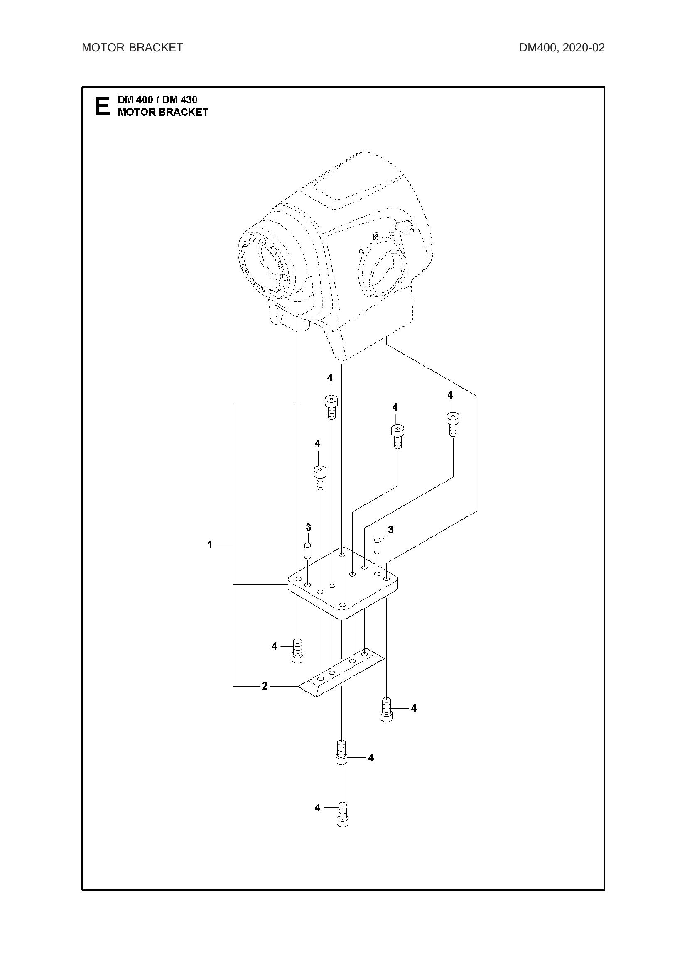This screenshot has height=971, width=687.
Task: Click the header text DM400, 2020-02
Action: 562,48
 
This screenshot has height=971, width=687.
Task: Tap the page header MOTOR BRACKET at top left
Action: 132,48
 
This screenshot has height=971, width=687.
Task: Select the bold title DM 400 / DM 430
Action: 157,100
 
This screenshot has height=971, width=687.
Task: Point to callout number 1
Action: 210,545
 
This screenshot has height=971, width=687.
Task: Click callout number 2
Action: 265,686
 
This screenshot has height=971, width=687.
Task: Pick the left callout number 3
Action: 308,527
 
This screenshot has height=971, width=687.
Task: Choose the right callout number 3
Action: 390,529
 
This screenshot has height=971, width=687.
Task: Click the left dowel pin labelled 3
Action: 307,551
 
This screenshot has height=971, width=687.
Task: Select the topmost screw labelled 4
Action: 331,406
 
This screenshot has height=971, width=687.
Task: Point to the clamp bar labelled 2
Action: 341,677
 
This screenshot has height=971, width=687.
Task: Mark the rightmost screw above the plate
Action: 453,424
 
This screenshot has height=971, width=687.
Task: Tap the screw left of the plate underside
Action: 298,651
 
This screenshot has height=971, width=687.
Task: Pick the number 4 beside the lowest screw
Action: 317,807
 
